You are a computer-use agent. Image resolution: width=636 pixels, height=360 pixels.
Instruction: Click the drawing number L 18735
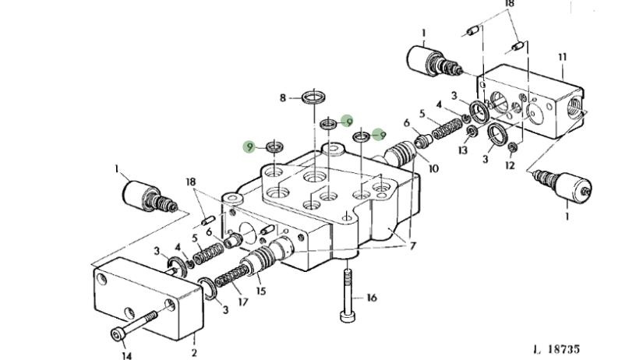(x=556, y=349)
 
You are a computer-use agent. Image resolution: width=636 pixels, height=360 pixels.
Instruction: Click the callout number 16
(x=372, y=298)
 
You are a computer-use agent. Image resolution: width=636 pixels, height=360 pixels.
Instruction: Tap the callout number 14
(x=127, y=355)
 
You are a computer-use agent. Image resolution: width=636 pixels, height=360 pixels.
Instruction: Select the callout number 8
(x=283, y=97)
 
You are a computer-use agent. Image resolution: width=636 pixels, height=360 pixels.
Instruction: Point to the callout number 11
(x=562, y=57)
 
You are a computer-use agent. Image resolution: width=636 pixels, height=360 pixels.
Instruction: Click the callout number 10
(x=433, y=168)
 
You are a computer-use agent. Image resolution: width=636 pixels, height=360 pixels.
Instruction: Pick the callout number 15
(x=261, y=291)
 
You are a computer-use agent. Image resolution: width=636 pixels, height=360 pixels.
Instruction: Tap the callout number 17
(x=242, y=302)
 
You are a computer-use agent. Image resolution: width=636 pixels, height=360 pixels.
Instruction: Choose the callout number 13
(x=463, y=150)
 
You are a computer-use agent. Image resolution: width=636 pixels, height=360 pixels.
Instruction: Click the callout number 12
(x=510, y=165)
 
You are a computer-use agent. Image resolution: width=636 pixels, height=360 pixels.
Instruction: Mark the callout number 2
(x=194, y=352)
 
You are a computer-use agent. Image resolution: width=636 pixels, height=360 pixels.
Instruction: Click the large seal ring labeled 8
(x=314, y=97)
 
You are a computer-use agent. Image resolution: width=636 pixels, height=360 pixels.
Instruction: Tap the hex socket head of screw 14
(x=118, y=334)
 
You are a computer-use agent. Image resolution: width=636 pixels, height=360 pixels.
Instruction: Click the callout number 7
(x=413, y=245)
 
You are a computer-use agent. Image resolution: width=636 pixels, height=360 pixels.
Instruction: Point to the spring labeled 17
(x=231, y=275)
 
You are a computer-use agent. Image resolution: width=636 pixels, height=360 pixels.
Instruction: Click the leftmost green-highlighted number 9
(x=249, y=146)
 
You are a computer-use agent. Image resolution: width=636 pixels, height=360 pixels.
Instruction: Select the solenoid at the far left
(x=150, y=196)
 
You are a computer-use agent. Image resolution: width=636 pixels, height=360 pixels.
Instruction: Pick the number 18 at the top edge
(x=509, y=4)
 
